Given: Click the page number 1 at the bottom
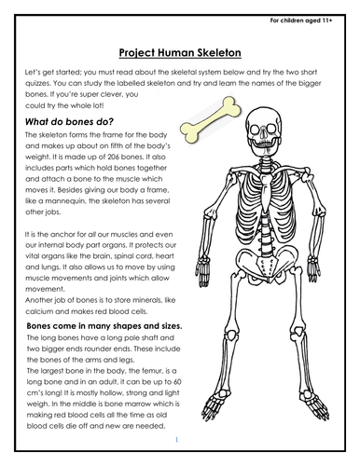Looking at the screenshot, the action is coord(159,435).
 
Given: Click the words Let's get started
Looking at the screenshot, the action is coord(48,75).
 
